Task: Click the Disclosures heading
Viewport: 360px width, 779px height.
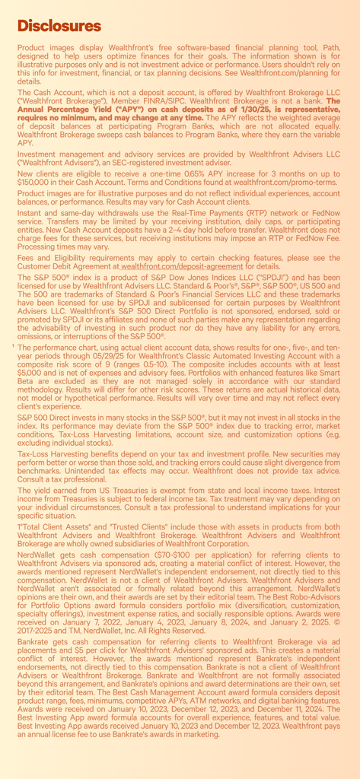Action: pos(59,27)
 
